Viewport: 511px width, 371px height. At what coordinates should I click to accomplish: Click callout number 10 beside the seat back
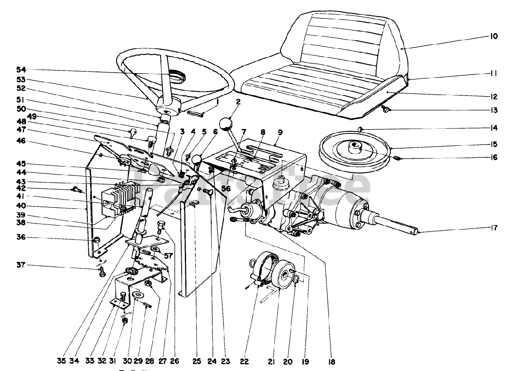pyautogui.click(x=494, y=36)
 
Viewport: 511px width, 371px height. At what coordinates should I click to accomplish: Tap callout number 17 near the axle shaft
pyautogui.click(x=494, y=228)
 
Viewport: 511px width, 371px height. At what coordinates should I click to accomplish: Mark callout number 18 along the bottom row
pyautogui.click(x=332, y=362)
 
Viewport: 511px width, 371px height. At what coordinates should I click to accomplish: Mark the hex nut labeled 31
pyautogui.click(x=125, y=320)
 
